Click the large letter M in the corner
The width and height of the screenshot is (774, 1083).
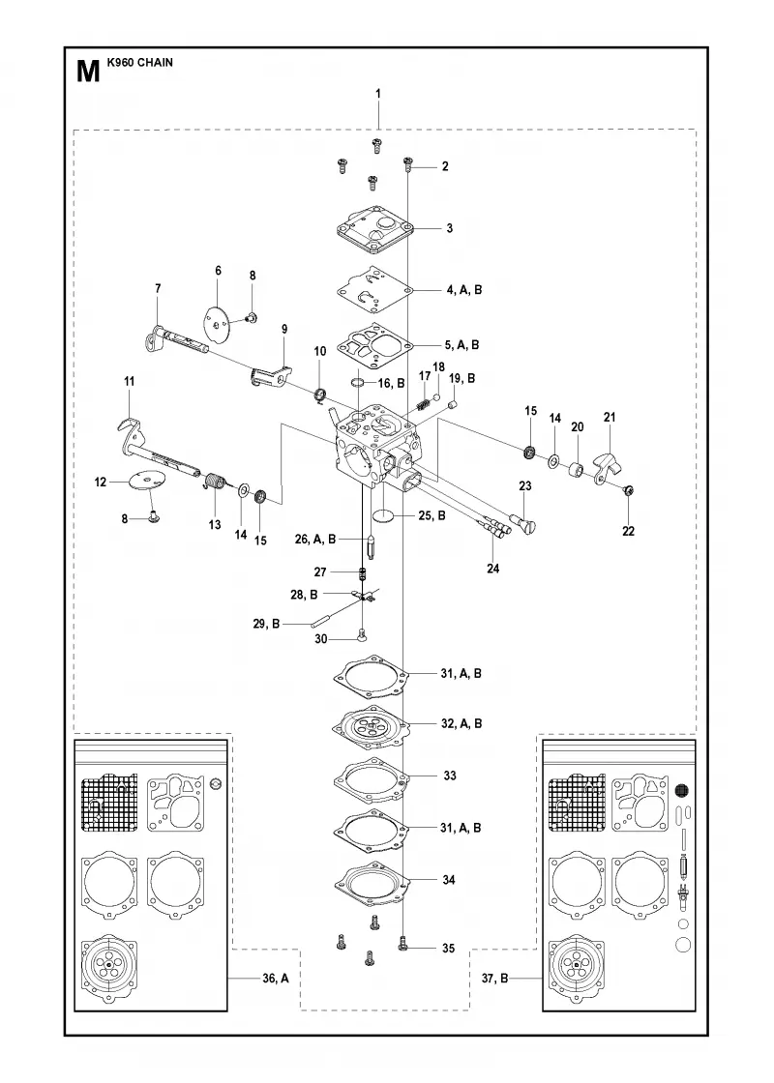pos(88,72)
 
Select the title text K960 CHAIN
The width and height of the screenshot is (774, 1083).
pos(140,62)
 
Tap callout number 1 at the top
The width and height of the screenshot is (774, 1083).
pos(378,93)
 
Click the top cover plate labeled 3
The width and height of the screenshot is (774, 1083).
pos(373,227)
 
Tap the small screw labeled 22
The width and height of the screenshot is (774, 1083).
pos(630,491)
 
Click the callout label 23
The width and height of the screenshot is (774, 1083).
pos(525,485)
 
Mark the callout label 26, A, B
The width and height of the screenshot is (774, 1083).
pos(314,539)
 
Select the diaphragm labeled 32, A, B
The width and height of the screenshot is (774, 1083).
pos(372,724)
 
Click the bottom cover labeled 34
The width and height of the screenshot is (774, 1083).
pos(372,881)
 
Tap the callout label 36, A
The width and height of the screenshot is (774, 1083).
pos(276,978)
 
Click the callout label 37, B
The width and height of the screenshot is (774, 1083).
pos(494,978)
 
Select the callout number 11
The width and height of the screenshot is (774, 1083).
pos(130,381)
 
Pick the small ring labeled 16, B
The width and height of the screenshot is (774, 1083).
pos(359,383)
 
